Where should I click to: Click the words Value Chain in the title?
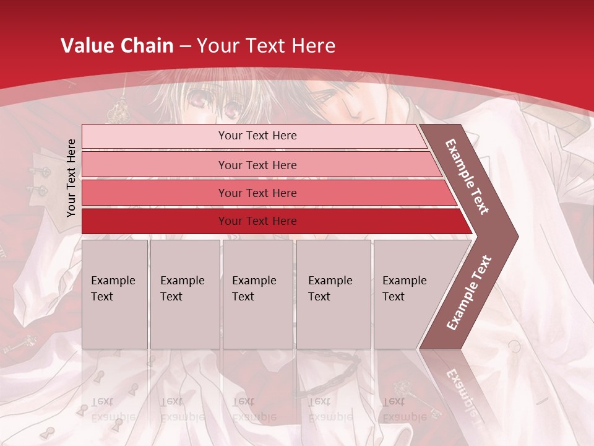tap(117, 46)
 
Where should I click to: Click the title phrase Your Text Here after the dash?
tap(266, 46)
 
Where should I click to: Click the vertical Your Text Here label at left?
tap(71, 178)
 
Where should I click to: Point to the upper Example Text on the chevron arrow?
tap(467, 177)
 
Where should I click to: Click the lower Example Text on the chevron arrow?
tap(469, 293)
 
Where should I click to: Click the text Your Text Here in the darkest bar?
tap(257, 221)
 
